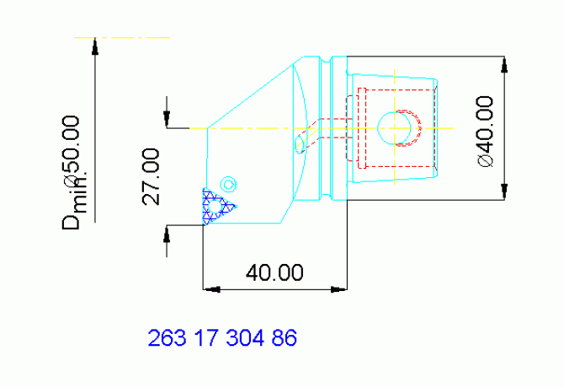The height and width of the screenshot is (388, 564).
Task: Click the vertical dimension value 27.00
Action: (152, 176)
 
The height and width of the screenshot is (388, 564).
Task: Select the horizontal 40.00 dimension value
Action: (274, 272)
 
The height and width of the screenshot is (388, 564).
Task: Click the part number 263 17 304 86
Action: (222, 339)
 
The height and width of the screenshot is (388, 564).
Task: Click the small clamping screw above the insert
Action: (227, 182)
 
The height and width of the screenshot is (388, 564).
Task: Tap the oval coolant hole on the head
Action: (299, 144)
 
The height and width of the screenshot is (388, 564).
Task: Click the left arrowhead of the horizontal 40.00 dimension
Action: (210, 289)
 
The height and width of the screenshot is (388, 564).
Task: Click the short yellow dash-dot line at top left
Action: (122, 37)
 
